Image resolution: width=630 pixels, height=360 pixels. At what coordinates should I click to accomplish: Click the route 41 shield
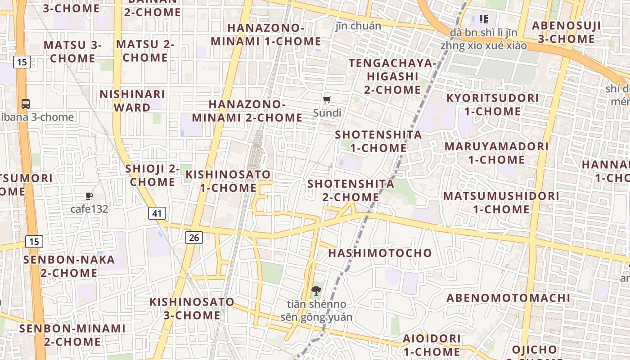coord(157,213)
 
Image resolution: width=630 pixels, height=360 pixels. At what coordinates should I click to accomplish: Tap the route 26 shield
coord(194,237)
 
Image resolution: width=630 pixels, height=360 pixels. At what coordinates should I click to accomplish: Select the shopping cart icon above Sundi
coord(327,100)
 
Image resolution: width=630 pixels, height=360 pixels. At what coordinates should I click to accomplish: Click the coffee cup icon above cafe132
coord(89,196)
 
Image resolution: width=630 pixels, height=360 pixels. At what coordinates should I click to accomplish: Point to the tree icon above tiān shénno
coord(316,291)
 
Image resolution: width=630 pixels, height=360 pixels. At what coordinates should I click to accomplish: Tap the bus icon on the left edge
coord(26,103)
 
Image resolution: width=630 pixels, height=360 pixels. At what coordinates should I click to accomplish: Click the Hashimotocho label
coord(380,253)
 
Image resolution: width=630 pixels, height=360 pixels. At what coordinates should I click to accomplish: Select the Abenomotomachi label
coord(508,298)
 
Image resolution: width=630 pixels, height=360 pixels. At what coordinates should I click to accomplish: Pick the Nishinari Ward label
coord(132,101)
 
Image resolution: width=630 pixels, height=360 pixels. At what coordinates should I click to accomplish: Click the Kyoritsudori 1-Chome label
coord(492,104)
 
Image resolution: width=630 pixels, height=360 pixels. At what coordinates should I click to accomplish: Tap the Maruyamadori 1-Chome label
coord(496,153)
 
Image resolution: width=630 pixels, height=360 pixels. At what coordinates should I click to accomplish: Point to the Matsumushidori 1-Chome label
coord(501,202)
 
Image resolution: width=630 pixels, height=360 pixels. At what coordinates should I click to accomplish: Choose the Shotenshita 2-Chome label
coord(351,190)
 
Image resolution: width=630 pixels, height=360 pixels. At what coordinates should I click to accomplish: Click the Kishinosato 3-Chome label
coord(192,308)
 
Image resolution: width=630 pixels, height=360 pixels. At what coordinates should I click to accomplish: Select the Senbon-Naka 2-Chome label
coord(69,266)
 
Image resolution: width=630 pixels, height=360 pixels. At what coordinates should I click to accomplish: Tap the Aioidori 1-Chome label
coord(432,345)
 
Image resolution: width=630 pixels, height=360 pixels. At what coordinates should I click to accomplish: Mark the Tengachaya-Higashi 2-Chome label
coord(392,76)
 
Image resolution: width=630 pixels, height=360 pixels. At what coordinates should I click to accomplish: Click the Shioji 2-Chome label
coord(152,175)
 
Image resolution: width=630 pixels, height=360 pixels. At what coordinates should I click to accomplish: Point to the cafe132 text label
coord(89,209)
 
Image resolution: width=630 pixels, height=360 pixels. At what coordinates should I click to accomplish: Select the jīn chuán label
coord(358,26)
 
